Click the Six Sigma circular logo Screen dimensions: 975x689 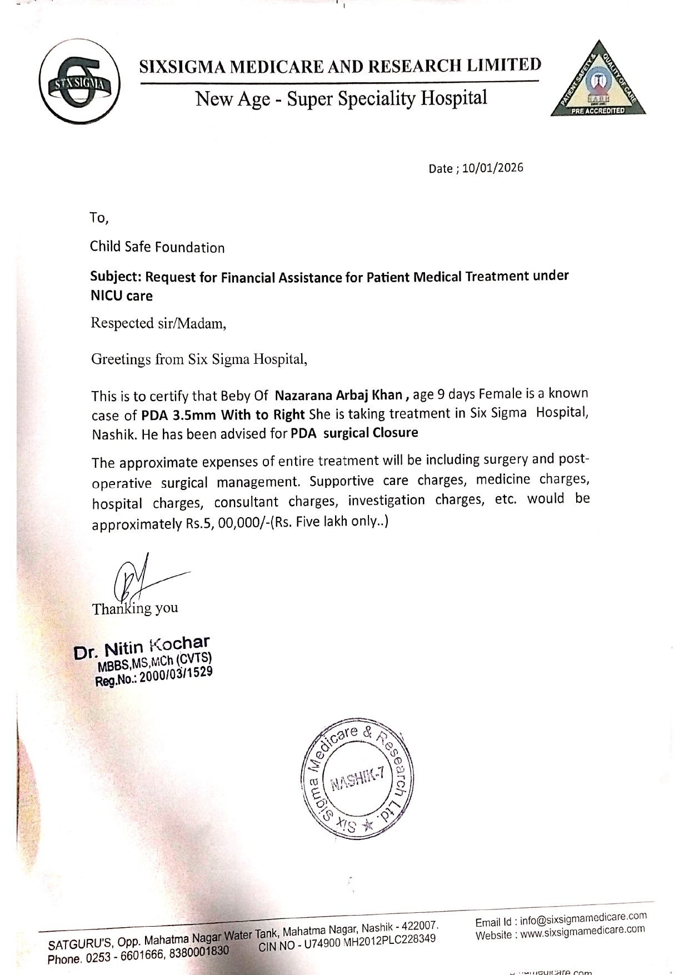pos(79,82)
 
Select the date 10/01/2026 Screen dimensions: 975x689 pos(492,168)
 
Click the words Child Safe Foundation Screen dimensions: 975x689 pos(157,247)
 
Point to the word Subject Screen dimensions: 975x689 pos(116,277)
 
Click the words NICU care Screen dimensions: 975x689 pos(122,296)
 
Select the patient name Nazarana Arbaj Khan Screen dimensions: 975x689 pos(339,395)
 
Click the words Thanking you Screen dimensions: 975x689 pos(135,608)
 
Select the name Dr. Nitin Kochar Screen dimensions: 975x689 pos(142,646)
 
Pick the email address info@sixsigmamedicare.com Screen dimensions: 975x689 pos(583,918)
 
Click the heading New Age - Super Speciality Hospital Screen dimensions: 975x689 pos(341,98)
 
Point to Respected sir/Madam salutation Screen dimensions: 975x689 pos(158,323)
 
